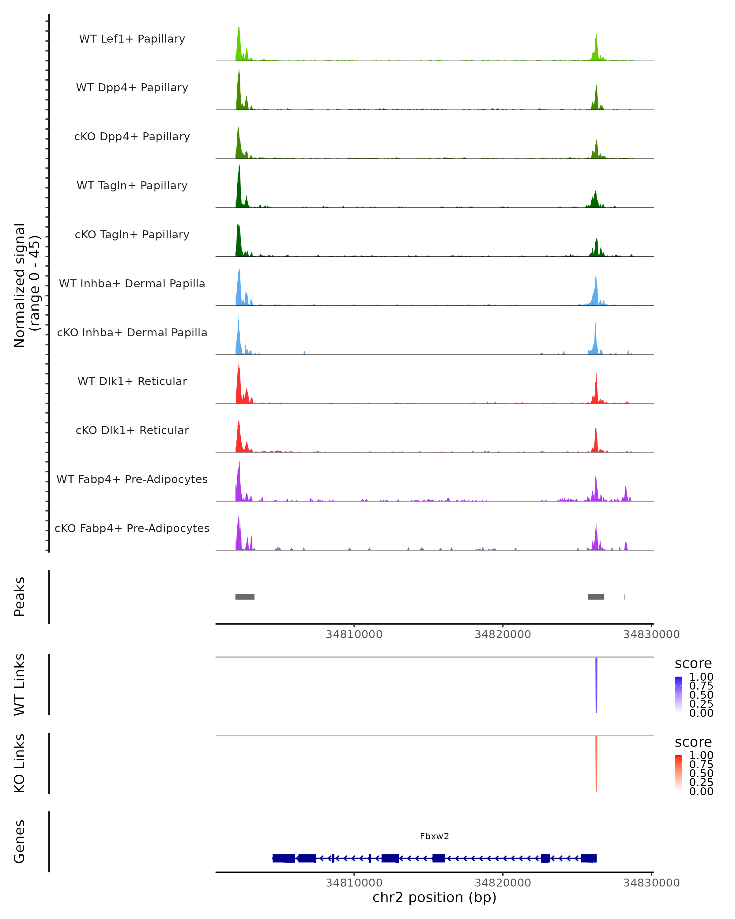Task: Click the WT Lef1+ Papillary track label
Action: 132,39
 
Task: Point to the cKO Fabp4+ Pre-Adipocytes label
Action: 132,528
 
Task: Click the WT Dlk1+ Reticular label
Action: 132,381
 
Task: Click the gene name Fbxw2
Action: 434,836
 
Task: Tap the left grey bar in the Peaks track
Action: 245,597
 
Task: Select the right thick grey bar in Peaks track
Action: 596,597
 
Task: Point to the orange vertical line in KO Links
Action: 596,763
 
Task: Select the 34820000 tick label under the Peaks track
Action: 503,634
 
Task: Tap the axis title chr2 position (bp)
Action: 434,898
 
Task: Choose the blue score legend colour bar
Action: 678,694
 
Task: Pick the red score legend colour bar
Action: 678,772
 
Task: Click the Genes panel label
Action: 19,841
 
